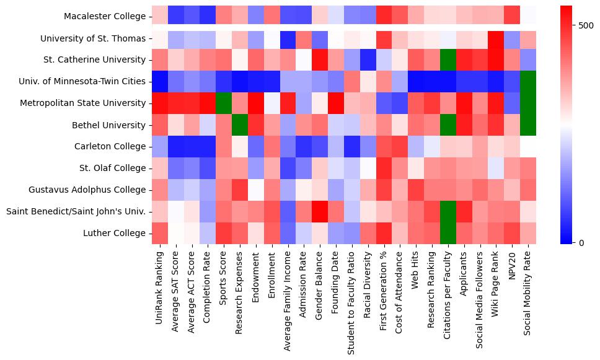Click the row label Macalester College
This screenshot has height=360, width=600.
105,17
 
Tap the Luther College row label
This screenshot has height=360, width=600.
114,234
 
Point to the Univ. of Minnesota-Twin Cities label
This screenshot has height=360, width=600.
84,82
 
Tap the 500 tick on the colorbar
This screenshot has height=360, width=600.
585,26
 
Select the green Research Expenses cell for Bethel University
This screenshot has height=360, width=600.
239,125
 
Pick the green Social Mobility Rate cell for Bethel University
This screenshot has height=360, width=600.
529,125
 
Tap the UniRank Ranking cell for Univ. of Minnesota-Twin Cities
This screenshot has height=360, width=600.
159,82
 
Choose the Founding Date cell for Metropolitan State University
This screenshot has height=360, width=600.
336,103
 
